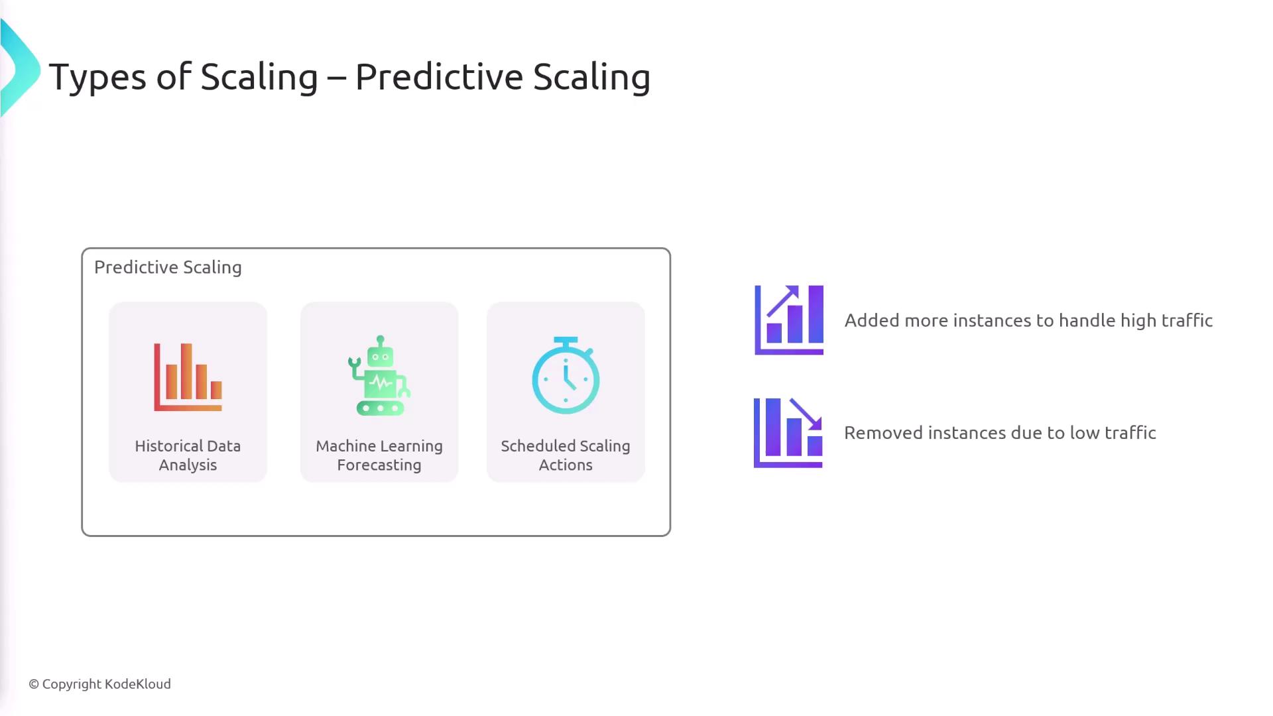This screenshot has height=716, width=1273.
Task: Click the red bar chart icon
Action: click(188, 377)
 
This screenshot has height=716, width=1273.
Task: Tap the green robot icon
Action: click(379, 375)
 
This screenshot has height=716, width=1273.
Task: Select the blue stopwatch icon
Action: click(566, 375)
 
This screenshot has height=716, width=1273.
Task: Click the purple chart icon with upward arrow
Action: click(789, 320)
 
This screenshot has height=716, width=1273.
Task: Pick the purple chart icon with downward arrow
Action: click(788, 433)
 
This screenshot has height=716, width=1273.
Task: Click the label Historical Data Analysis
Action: click(188, 455)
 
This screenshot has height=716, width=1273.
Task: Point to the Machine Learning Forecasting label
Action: click(379, 455)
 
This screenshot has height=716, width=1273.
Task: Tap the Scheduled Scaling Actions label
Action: click(566, 455)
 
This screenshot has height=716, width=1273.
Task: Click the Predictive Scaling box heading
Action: click(168, 267)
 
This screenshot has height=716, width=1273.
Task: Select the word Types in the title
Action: click(97, 77)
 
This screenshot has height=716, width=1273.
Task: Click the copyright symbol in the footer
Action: click(34, 684)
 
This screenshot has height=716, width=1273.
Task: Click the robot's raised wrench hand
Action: click(354, 363)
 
